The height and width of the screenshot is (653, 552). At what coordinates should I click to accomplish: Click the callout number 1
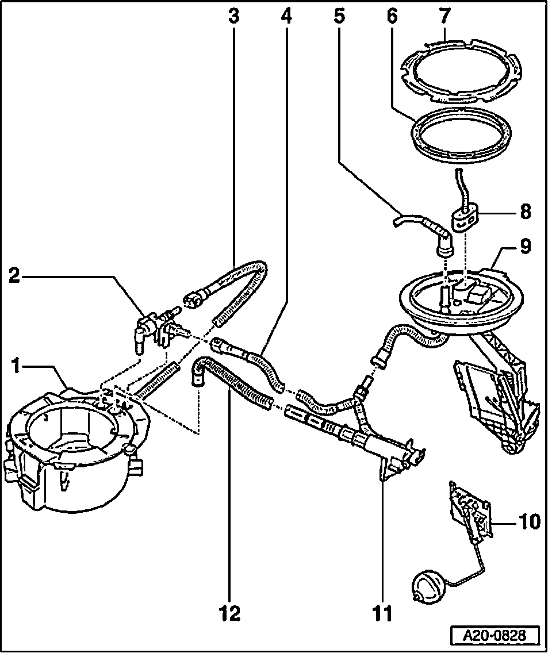pos(17,366)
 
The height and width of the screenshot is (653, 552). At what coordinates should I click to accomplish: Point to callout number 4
pos(286,17)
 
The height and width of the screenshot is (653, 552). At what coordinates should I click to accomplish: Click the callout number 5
pos(339,17)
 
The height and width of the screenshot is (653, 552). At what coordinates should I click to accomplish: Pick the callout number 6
pos(392,17)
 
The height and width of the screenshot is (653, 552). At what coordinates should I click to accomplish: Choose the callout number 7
pos(446,17)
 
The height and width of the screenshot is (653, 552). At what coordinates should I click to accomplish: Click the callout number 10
pos(529,522)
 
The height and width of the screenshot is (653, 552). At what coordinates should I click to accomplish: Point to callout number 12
pos(229,613)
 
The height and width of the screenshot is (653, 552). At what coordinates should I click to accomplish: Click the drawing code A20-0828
pos(495,636)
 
